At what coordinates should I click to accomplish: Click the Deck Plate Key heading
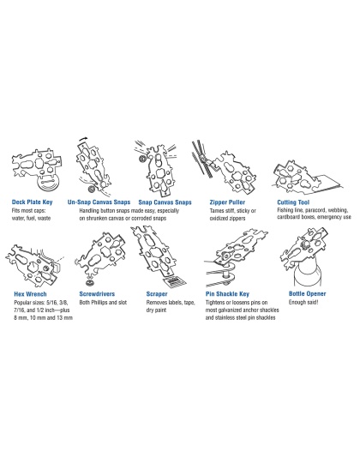[x=32, y=202]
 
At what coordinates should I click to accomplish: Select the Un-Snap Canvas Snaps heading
[x=99, y=202]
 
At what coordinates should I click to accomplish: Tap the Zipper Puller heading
[x=227, y=202]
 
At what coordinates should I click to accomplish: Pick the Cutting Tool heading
[x=293, y=202]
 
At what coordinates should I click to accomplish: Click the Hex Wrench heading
[x=30, y=294]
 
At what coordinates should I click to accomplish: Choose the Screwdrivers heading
[x=97, y=294]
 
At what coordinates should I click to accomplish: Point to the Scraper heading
[x=157, y=294]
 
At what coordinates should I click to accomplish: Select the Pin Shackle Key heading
[x=227, y=294]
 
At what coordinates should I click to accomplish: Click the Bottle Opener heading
[x=307, y=293]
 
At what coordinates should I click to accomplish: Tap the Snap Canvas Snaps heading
[x=165, y=202]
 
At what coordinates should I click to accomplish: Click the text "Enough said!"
[x=303, y=302]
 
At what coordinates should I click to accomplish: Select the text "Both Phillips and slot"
[x=103, y=302]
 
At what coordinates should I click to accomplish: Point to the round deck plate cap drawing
[x=48, y=184]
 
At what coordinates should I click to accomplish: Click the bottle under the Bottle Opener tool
[x=308, y=274]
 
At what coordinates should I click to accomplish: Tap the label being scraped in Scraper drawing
[x=174, y=282]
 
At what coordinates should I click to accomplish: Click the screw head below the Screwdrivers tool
[x=89, y=283]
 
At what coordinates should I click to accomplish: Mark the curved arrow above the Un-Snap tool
[x=83, y=138]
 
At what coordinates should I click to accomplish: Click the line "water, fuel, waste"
[x=31, y=218]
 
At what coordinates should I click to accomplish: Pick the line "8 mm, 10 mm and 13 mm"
[x=43, y=317]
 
